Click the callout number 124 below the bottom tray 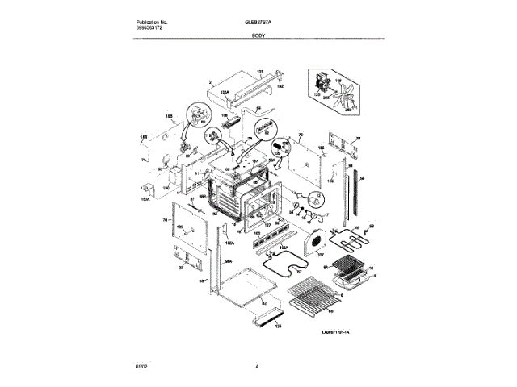click(279, 327)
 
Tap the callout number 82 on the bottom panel click(263, 302)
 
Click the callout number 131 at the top click(260, 73)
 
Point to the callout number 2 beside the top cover click(208, 82)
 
